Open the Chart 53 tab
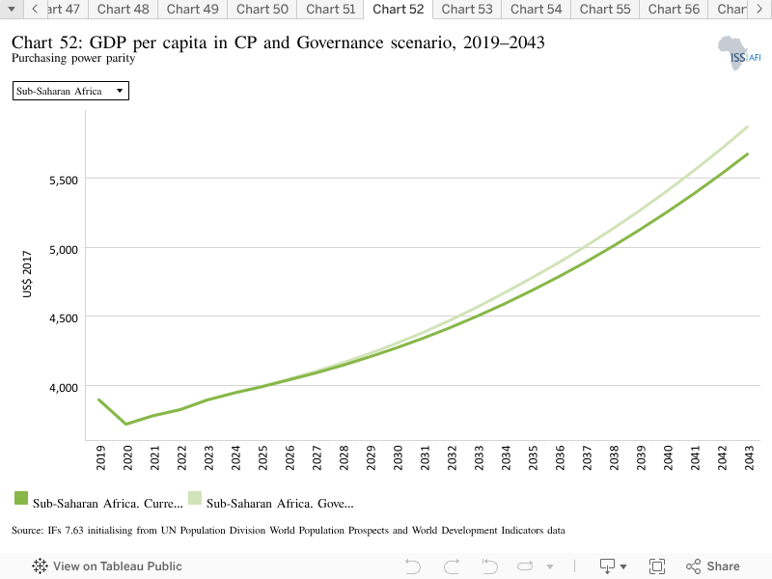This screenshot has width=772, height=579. pos(467,10)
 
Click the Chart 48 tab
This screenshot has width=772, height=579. pos(124,10)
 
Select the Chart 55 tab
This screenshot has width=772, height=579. pos(605,10)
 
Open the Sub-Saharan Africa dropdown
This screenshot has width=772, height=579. pos(70,91)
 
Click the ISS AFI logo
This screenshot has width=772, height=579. pos(739,53)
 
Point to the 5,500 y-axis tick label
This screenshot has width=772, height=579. pos(64,180)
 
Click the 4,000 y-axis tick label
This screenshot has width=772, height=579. pos(64,388)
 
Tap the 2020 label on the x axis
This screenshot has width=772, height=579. pos(127,457)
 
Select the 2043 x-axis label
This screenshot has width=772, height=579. pos(749,457)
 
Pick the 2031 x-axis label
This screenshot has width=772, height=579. pos(425,457)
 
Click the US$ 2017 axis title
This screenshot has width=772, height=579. pos(27,274)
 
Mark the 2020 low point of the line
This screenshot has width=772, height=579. pos(126,424)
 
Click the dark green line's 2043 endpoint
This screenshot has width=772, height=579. pos(748,154)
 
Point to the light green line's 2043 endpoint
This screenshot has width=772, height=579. pos(748,127)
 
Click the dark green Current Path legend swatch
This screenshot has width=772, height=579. pos(21,498)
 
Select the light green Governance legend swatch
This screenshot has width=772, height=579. pos(195,498)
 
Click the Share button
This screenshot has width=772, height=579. pos(712,566)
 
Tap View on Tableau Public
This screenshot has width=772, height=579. pos(107,566)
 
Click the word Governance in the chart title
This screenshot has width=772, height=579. pos(340,42)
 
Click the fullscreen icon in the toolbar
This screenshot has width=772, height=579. pos(657,566)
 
